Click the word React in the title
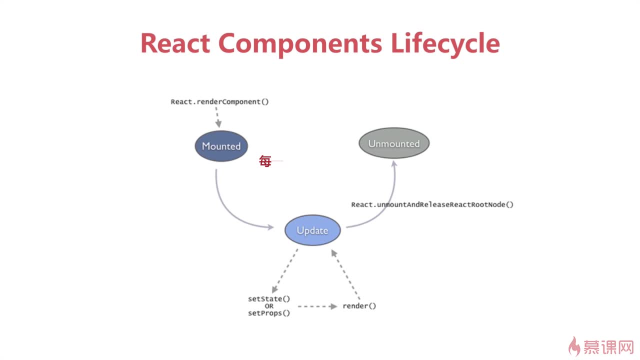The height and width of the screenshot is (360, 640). tap(175, 43)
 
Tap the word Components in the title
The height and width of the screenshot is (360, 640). tap(299, 43)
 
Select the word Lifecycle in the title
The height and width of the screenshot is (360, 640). tap(445, 43)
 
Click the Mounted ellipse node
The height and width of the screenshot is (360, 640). tap(221, 146)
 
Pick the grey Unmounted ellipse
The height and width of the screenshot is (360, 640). tap(394, 143)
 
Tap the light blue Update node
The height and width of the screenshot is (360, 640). tap(312, 230)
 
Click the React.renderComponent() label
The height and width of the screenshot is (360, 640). tap(219, 101)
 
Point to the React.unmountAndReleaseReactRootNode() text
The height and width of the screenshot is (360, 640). tap(432, 204)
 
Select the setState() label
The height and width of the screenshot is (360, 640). tap(269, 299)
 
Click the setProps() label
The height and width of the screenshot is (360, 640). tap(269, 313)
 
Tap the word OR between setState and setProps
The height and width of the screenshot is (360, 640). tap(269, 306)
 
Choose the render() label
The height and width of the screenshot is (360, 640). tap(359, 306)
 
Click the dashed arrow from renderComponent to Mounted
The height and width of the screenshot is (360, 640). tap(217, 117)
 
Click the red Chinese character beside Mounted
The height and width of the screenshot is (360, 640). tap(265, 161)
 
